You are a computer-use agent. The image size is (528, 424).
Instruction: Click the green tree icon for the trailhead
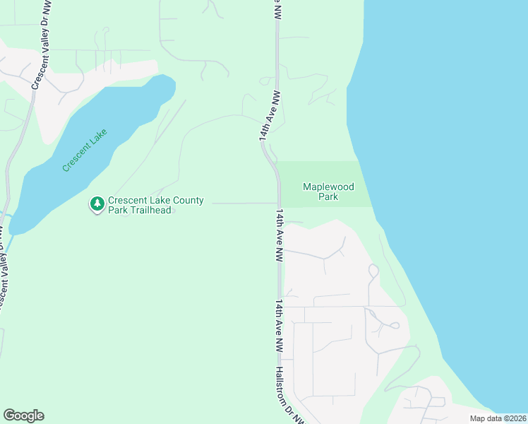97,204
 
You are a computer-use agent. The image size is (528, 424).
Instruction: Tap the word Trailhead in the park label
150,211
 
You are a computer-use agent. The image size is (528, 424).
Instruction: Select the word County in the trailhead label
185,201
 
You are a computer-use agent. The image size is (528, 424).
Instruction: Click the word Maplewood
328,187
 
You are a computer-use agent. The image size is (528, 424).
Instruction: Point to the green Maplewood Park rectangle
325,172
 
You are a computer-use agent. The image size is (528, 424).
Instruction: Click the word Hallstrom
283,382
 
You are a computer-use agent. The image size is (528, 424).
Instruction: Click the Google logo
23,416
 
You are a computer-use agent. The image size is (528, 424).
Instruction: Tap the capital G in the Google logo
8,416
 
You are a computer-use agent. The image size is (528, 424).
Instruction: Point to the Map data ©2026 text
498,418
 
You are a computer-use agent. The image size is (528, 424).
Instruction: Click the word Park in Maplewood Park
328,196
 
